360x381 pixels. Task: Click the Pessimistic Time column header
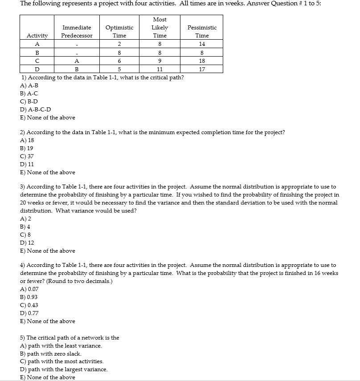202,31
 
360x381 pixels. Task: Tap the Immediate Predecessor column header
77,31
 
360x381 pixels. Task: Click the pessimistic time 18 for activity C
202,61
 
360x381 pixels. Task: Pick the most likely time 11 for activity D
160,70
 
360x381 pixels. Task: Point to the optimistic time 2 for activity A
119,44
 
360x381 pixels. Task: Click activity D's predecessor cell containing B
77,70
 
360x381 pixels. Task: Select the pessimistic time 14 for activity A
202,44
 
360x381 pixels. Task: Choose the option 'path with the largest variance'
64,369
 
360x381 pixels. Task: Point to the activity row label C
37,61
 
